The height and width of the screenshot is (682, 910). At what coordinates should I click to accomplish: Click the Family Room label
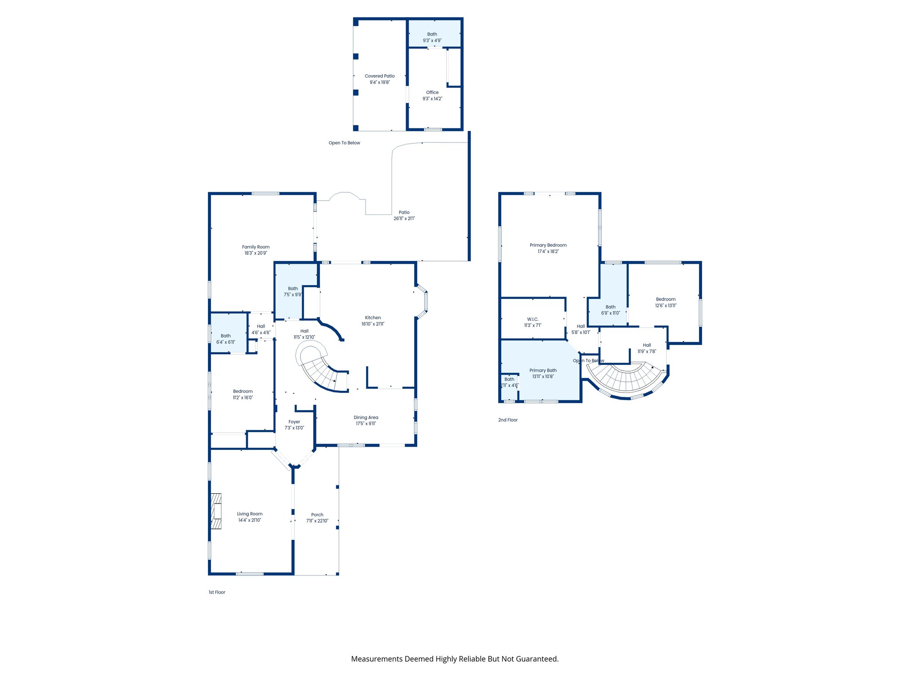coord(255,247)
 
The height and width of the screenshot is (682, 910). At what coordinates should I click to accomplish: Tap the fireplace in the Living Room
coord(216,511)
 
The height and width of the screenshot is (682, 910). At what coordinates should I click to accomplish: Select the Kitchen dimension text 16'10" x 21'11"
coord(373,324)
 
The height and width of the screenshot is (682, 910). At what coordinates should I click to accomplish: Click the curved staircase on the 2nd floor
coord(627,380)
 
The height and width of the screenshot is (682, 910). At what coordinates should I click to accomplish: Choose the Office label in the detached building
coord(432,92)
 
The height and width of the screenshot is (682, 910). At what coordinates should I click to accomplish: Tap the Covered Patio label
coord(379,76)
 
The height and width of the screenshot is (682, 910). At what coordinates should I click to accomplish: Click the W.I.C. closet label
coord(533,319)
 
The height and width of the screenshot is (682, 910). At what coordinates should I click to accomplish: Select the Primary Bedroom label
coord(548,245)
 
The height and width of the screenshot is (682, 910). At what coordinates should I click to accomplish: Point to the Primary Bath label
coord(543,370)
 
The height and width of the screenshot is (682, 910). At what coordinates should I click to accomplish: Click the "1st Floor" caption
coord(217,592)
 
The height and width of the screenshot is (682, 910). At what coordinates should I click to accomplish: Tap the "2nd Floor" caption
coord(508,420)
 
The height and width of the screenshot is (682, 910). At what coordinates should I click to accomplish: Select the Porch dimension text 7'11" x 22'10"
coord(317,521)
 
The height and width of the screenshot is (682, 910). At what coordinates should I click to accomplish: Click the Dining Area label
coord(366,417)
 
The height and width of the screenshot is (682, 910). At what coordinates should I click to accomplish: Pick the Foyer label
coord(294,422)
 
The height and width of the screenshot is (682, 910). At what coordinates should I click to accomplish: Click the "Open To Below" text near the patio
coord(344,143)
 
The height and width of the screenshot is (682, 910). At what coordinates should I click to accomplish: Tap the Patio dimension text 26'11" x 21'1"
coord(404,218)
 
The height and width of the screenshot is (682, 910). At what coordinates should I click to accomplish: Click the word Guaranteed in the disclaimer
coord(537,659)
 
